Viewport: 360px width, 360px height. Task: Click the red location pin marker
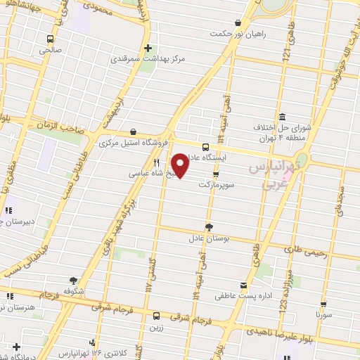coord(181,165)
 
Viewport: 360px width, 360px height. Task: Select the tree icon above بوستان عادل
coord(209,226)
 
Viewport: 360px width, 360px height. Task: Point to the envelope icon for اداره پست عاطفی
coord(243,285)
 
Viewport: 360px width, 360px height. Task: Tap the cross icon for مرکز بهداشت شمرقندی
coord(148,49)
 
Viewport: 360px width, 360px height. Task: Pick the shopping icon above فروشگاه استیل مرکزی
coord(133,131)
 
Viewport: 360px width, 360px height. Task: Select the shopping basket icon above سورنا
coord(323,304)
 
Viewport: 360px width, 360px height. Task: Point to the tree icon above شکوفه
coord(74,279)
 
